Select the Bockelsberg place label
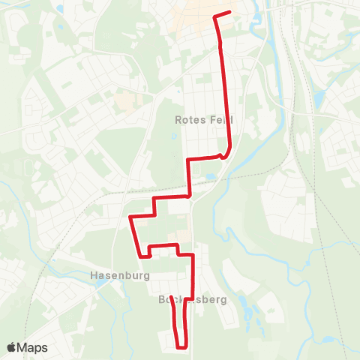coord(193,298)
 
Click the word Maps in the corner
coord(34,347)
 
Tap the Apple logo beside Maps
coord(12,347)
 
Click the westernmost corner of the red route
coord(131,217)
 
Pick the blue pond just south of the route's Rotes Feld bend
coord(210,178)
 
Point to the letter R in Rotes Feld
coord(178,119)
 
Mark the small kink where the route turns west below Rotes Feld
coord(223,155)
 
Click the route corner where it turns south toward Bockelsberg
coord(193,256)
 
